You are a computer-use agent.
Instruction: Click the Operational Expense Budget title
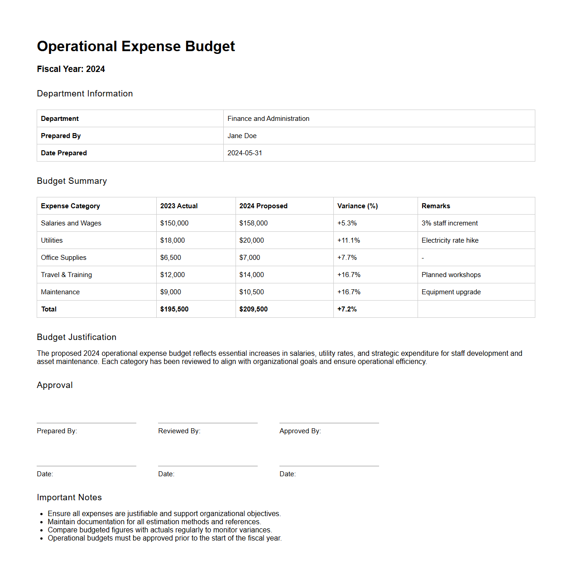[136, 46]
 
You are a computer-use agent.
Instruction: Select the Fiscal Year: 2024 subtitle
[71, 69]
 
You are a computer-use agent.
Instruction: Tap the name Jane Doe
[242, 136]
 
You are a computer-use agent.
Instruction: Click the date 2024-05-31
[245, 153]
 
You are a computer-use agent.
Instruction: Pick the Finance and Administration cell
[268, 119]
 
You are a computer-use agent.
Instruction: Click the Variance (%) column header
[357, 206]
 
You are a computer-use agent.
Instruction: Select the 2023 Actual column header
[179, 206]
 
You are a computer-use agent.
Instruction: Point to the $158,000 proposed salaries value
[253, 223]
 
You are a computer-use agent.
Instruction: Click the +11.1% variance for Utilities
[348, 240]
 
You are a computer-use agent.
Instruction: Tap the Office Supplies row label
[63, 258]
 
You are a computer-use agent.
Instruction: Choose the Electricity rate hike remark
[450, 240]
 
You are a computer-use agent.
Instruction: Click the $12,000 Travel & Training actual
[173, 275]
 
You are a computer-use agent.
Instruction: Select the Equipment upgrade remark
[451, 292]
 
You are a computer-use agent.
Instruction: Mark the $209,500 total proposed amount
[253, 309]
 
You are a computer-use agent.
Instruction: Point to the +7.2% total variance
[347, 309]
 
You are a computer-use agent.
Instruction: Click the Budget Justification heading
[77, 337]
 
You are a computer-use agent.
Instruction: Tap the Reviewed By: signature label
[179, 431]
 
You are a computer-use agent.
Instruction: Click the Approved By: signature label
[300, 431]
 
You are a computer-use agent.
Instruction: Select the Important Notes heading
[69, 497]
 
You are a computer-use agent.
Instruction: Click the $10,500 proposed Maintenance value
[251, 292]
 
